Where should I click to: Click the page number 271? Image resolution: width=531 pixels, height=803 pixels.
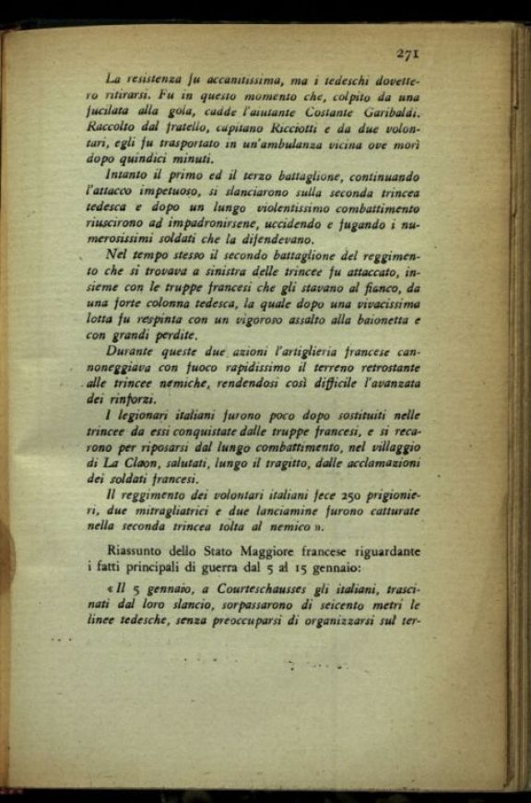(x=408, y=53)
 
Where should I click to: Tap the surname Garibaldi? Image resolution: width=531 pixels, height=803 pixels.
(x=388, y=112)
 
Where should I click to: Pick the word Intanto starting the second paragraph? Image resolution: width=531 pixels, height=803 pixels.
(x=131, y=175)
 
